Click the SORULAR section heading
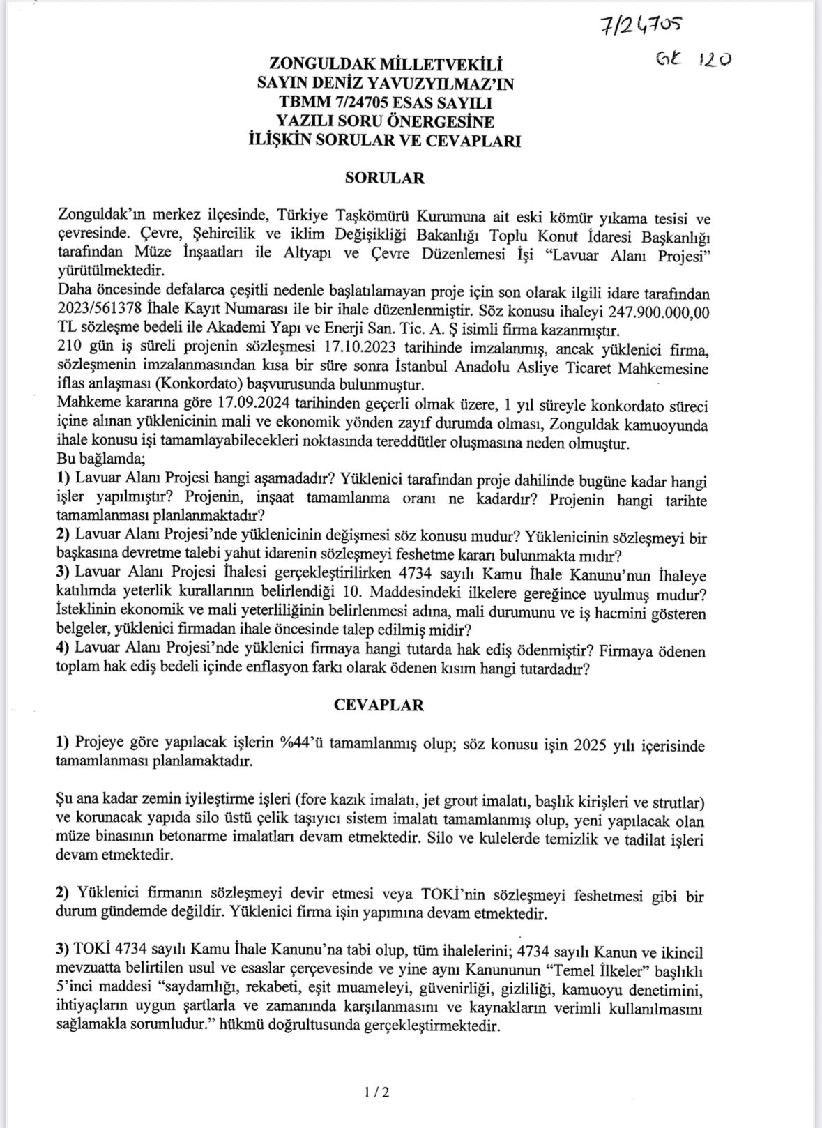[384, 177]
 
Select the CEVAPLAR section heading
[378, 704]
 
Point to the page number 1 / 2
[376, 1092]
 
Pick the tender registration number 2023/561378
[99, 310]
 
